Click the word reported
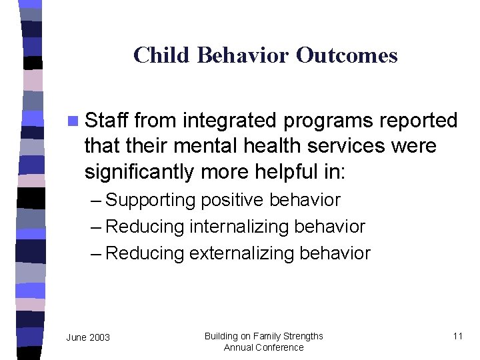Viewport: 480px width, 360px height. (x=417, y=121)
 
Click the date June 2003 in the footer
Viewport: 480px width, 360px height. (x=88, y=337)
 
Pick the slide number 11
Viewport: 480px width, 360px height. (x=457, y=336)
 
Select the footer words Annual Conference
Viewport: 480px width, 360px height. (x=263, y=347)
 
